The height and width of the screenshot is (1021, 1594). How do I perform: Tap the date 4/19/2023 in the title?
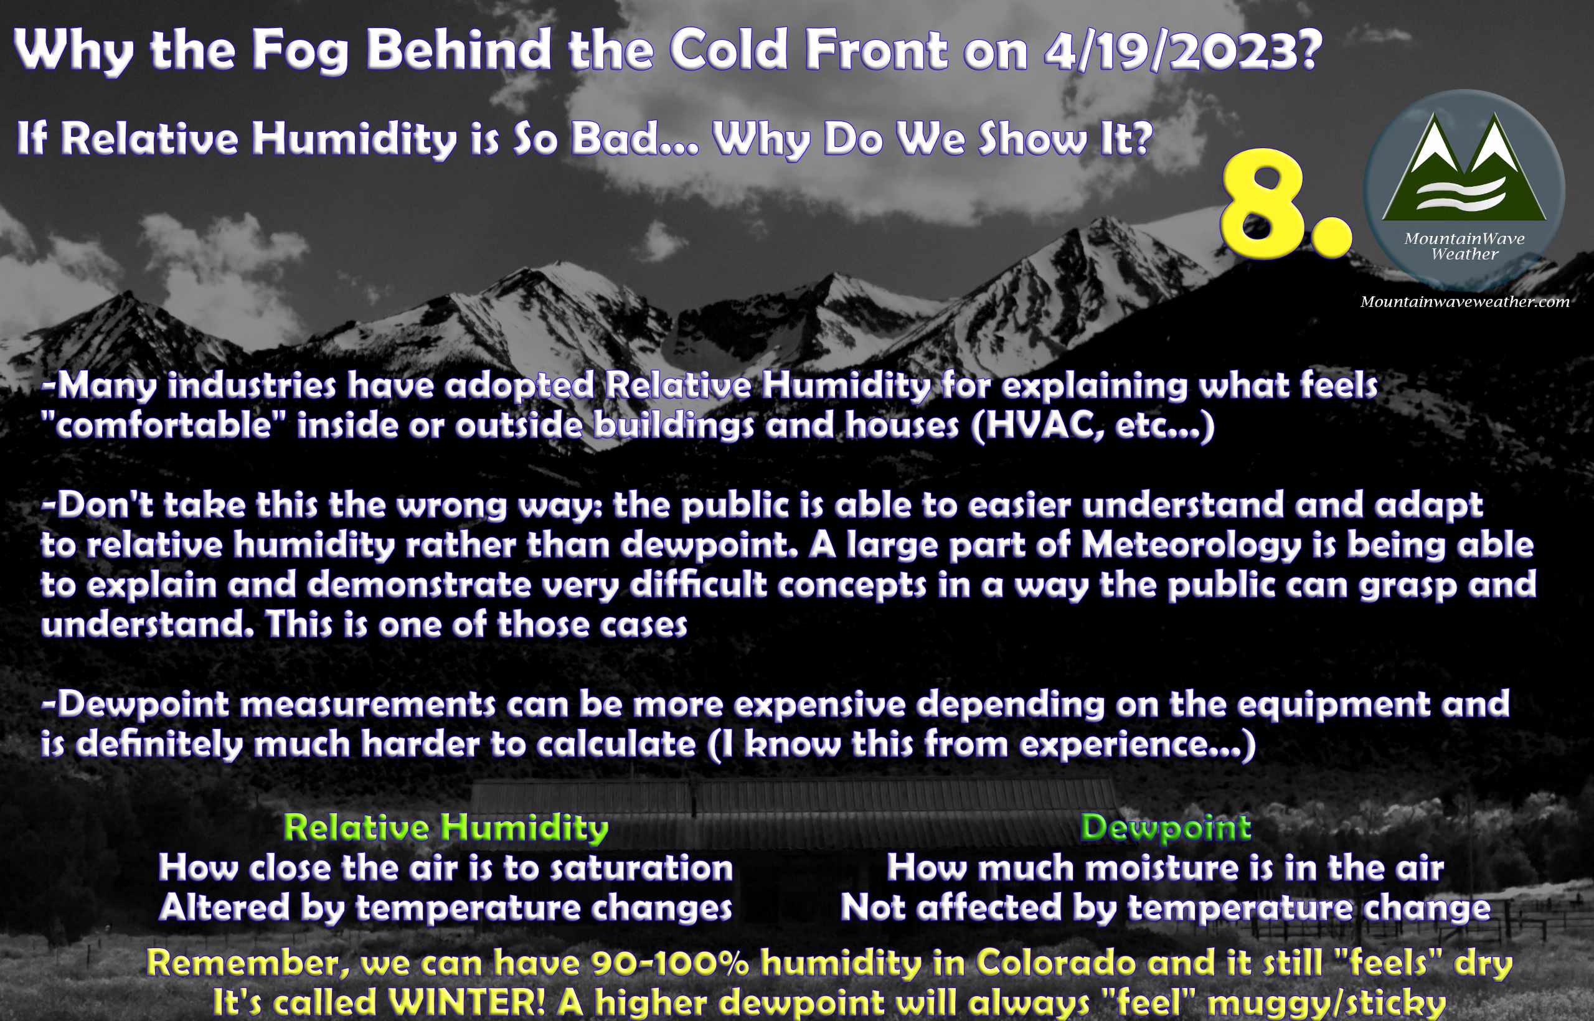coord(1182,50)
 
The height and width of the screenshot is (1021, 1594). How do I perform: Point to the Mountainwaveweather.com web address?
coord(1464,302)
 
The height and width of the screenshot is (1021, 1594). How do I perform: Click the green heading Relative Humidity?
coord(446,829)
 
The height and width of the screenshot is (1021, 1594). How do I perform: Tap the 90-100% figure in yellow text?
coord(671,962)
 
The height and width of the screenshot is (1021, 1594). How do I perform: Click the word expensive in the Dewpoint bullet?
coord(819,705)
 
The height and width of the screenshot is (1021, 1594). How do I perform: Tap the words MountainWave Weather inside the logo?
coord(1464,246)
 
